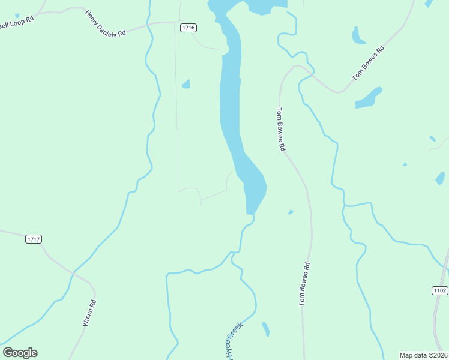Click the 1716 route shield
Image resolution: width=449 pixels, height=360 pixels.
[x=188, y=28]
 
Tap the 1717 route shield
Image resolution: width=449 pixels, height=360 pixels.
[x=34, y=239]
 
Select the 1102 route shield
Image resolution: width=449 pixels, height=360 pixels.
[x=439, y=290]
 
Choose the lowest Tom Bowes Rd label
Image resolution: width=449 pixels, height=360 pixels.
[x=304, y=284]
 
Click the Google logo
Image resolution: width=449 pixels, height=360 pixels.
[x=20, y=353]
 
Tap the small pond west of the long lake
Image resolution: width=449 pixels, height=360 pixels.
[x=187, y=84]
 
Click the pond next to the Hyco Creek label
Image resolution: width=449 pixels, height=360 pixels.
[x=265, y=329]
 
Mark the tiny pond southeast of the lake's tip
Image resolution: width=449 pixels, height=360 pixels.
[x=291, y=212]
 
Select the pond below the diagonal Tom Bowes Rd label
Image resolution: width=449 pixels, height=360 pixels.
[x=369, y=98]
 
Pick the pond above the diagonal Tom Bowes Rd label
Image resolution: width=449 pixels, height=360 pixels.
[x=358, y=36]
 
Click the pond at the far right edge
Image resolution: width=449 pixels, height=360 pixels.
[x=440, y=178]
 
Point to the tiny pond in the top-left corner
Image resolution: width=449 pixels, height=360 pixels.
[x=17, y=15]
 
